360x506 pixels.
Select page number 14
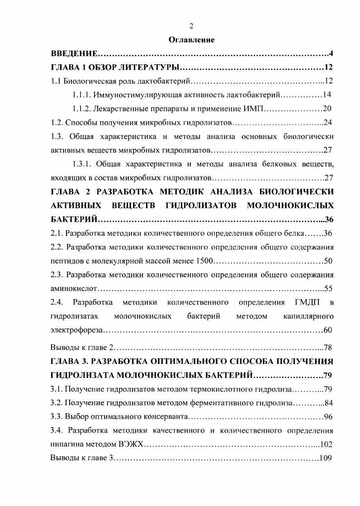[328, 95]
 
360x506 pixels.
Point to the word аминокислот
[74, 288]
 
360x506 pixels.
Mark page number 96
[328, 416]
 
